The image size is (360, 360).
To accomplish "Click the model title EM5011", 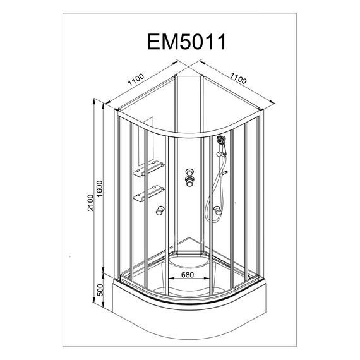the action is click(186, 42).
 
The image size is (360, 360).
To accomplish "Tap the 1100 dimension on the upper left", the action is click(136, 80).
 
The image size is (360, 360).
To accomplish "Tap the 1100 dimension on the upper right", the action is click(239, 78).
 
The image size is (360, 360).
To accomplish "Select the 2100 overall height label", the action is click(91, 202).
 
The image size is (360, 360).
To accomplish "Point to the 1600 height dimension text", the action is click(99, 189).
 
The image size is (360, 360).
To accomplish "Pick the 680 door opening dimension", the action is click(188, 275).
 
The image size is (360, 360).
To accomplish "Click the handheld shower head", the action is click(221, 140).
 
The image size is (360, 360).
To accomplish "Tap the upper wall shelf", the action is click(149, 169).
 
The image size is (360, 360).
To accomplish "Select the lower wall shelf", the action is click(149, 193).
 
